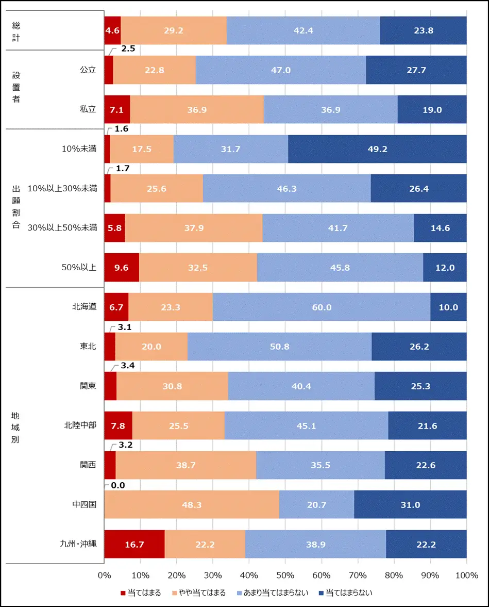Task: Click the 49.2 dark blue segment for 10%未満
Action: point(377,149)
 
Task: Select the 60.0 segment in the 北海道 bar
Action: point(322,307)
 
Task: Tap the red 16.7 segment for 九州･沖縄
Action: point(134,544)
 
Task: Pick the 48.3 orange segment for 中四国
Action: point(192,504)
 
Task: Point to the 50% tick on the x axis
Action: point(285,576)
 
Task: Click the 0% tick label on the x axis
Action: point(105,576)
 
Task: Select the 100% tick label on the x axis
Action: point(466,576)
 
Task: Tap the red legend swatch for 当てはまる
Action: point(123,593)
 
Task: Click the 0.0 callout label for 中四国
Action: point(118,485)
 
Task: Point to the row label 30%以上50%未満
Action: point(62,228)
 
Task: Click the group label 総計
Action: point(16,30)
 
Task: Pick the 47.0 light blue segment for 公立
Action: point(281,70)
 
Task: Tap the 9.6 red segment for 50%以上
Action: point(122,268)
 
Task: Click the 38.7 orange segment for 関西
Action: point(186,465)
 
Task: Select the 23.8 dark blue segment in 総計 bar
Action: point(423,30)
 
